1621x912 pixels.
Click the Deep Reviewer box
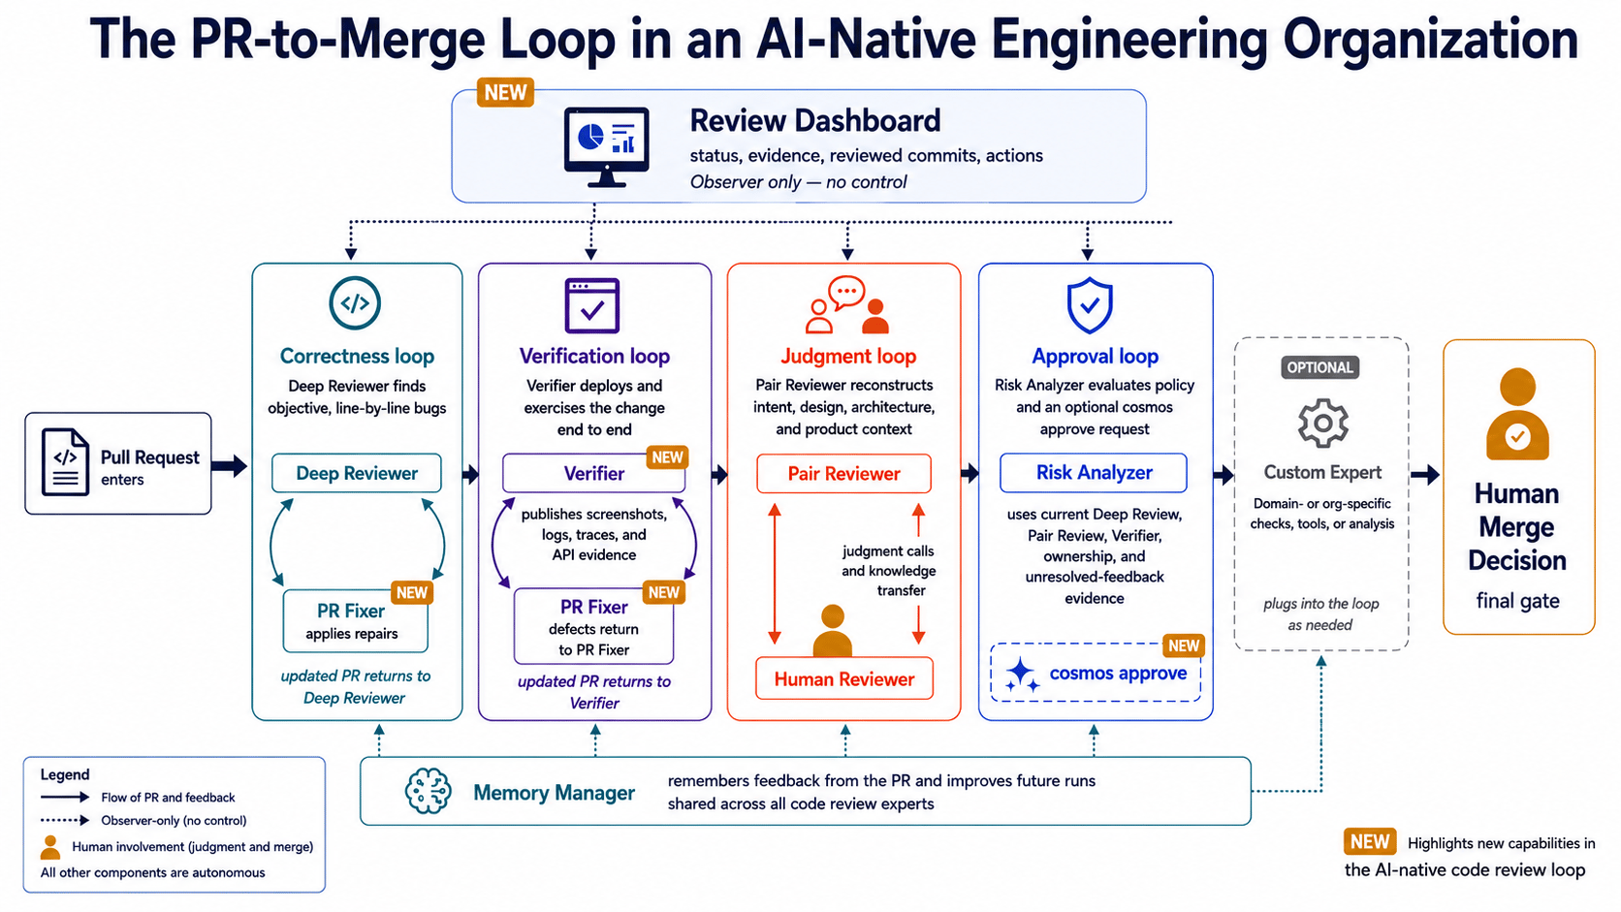(x=356, y=473)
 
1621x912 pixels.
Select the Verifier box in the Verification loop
(x=593, y=473)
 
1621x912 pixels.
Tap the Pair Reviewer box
(x=843, y=474)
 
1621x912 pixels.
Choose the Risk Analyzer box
(x=1094, y=472)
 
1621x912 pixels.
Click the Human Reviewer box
(x=844, y=678)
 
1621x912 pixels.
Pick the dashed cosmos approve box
(x=1096, y=673)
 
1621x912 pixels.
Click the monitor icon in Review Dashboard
(x=607, y=147)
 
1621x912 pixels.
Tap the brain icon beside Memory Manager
(x=428, y=791)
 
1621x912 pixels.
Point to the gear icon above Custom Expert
(x=1322, y=424)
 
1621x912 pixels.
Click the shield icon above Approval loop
(x=1090, y=305)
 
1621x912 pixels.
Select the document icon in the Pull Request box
(x=65, y=462)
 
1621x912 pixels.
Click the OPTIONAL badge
(x=1319, y=367)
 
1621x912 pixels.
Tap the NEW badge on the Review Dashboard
(x=505, y=93)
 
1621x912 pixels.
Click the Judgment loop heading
(x=848, y=356)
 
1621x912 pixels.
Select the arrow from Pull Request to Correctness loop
(x=230, y=466)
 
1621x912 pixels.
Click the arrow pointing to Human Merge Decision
(x=1425, y=475)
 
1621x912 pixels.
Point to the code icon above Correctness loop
(x=355, y=303)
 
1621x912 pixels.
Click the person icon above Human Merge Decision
(x=1517, y=415)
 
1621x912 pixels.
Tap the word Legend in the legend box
(x=65, y=774)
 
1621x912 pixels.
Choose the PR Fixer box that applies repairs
(x=355, y=620)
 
